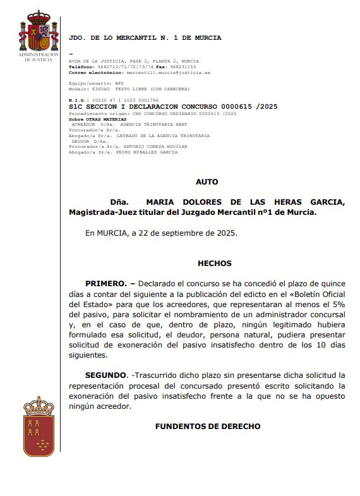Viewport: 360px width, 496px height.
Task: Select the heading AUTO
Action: [x=207, y=182]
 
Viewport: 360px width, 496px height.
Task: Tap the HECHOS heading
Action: [x=214, y=263]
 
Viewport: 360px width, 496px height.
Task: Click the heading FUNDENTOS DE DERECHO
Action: [x=207, y=426]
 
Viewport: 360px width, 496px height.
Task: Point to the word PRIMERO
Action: [x=106, y=283]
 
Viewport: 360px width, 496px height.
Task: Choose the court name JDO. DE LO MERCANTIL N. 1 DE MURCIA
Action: [x=145, y=38]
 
